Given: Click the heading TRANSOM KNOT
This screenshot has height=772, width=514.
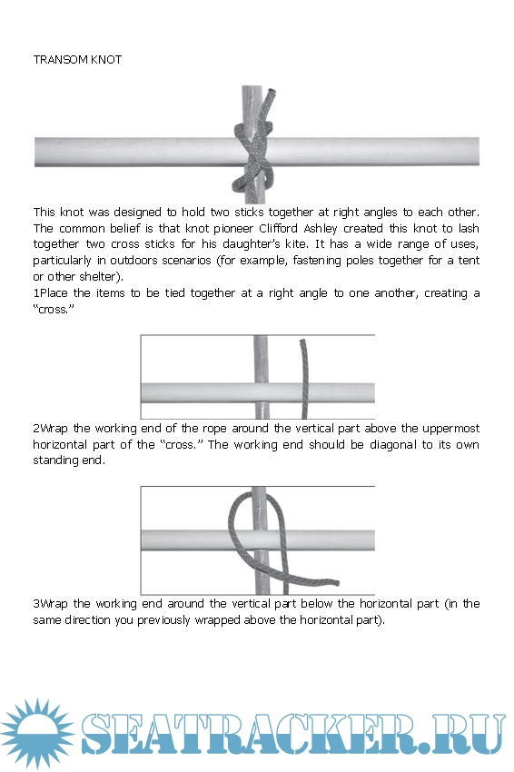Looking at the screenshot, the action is pos(77,60).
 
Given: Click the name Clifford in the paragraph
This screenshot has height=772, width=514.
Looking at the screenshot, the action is pos(278,229).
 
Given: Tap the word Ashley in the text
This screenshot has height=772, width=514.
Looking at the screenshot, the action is pos(320,229).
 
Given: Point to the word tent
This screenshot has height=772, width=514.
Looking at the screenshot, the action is pos(469,261).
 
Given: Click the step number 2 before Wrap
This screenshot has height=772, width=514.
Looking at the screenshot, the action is pos(36,429).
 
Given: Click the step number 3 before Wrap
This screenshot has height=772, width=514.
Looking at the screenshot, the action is pos(36,604).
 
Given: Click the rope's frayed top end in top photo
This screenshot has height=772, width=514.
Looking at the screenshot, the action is pos(271,93).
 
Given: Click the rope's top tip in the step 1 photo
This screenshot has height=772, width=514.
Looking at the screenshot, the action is pos(302,341).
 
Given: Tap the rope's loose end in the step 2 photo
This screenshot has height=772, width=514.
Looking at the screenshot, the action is pos(335,583).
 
